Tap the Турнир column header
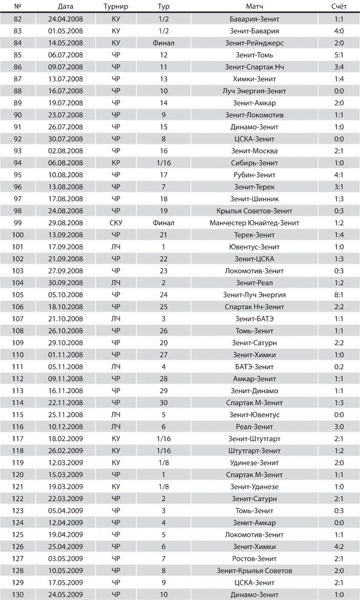(x=116, y=7)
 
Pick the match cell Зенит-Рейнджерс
(x=254, y=43)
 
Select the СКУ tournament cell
(x=116, y=223)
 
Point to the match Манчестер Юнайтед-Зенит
(x=254, y=223)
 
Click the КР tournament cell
(x=116, y=163)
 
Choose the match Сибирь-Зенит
(x=254, y=163)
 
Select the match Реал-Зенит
(x=254, y=427)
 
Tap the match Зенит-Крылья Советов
(x=254, y=571)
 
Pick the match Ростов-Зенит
(x=254, y=559)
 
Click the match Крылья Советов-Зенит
(x=254, y=211)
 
